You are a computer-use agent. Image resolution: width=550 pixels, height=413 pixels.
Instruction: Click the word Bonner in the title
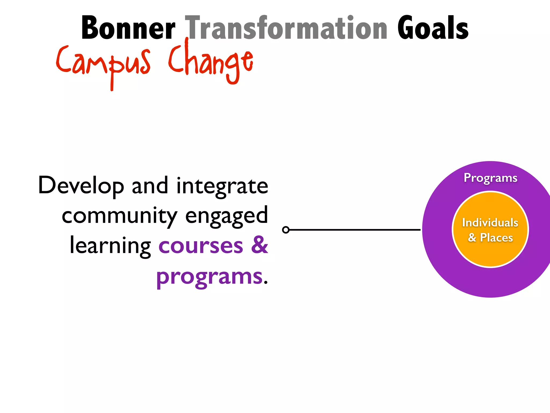pos(128,28)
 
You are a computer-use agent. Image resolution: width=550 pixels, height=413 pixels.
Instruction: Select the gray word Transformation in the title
pos(286,28)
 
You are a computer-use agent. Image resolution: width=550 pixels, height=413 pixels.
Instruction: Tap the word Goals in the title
pos(433,28)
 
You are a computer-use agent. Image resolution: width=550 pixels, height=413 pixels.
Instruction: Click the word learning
pos(110,246)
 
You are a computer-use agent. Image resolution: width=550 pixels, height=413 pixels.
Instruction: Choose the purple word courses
pos(201,246)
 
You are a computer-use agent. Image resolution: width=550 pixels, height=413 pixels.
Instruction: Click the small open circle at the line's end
pos(286,230)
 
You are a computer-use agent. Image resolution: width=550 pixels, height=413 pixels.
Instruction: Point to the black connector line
pos(354,230)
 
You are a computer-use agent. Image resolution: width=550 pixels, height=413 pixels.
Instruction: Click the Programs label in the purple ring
pos(490,178)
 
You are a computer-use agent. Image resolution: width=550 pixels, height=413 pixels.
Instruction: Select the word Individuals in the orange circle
pos(490,223)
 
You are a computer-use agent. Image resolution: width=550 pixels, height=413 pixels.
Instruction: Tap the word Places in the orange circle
pos(496,238)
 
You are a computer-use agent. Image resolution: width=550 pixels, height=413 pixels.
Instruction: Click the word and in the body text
pos(150,186)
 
